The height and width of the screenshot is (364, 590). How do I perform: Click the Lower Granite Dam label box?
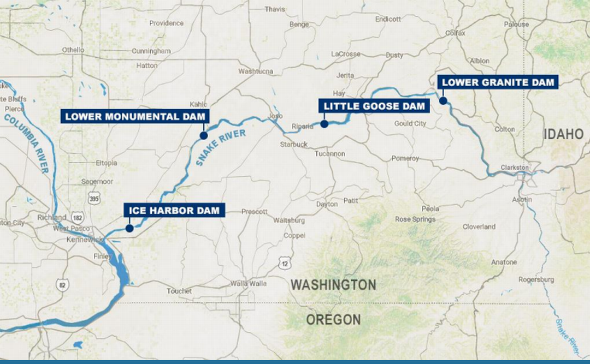(x=498, y=82)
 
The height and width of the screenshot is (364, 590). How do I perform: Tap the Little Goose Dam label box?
(x=374, y=106)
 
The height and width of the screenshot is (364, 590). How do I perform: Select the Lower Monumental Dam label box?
(x=135, y=116)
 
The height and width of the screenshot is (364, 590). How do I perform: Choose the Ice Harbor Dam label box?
(x=174, y=210)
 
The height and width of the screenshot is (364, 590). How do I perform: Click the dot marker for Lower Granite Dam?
(x=443, y=100)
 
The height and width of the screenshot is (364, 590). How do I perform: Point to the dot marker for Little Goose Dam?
(x=324, y=124)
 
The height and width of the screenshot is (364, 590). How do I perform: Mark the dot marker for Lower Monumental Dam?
(x=203, y=135)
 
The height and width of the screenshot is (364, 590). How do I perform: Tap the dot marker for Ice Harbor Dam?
(x=129, y=228)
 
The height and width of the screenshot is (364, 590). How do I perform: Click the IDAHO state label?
(x=563, y=134)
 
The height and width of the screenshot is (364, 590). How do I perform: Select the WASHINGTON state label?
(x=333, y=285)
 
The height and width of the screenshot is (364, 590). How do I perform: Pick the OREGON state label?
(x=333, y=320)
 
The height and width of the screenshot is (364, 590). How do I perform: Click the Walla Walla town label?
(x=248, y=283)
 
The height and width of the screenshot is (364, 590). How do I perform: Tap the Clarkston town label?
(x=515, y=168)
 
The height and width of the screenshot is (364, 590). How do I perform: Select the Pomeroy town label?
(x=405, y=158)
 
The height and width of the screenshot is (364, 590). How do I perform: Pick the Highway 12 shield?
(x=284, y=264)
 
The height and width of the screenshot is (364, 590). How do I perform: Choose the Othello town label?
(x=73, y=50)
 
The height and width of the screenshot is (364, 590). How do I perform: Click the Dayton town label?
(x=327, y=204)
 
